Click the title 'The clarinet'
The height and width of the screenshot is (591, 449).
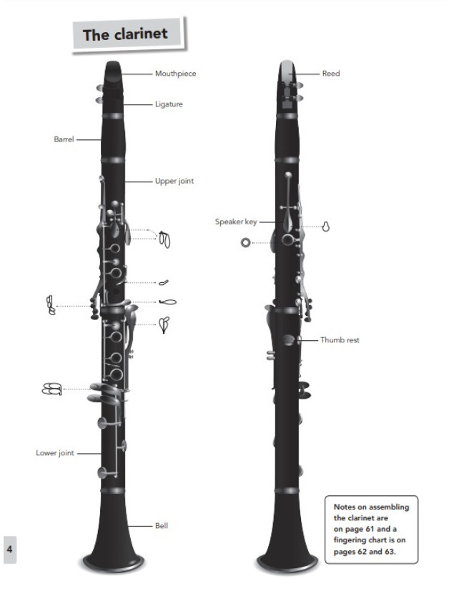(x=125, y=34)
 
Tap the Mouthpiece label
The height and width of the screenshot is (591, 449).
(x=176, y=74)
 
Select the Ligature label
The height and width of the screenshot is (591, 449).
(x=169, y=104)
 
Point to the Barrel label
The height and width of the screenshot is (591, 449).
(x=64, y=139)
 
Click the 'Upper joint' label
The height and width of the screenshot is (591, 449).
(x=174, y=181)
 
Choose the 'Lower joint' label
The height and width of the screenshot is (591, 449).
(x=55, y=452)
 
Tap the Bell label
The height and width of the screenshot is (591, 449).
(x=162, y=525)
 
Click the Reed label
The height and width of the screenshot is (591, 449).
(x=331, y=74)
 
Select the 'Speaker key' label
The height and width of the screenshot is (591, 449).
(x=236, y=222)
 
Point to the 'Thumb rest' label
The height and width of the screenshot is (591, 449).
(x=340, y=340)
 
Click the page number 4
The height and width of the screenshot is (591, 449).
(x=10, y=549)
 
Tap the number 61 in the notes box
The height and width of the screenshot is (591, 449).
(x=370, y=529)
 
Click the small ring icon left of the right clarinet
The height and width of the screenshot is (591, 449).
(x=245, y=242)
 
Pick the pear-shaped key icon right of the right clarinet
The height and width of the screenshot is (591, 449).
(x=326, y=227)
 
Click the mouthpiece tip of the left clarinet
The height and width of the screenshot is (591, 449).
(x=113, y=64)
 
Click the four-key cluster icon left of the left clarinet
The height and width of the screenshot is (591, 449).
(x=51, y=389)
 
